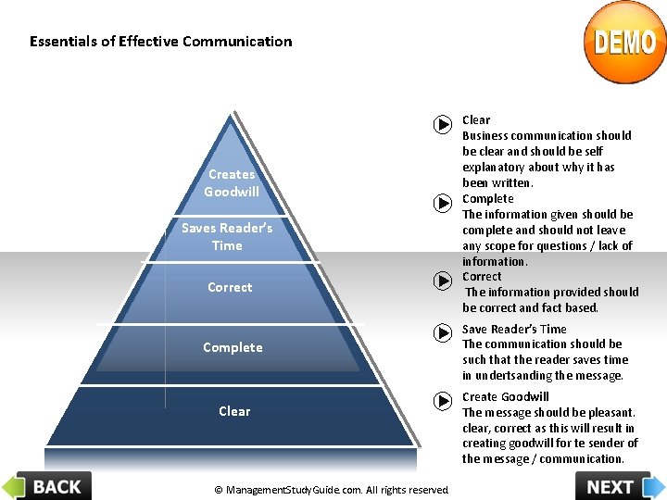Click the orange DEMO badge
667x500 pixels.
coord(624,43)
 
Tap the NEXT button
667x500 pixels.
coord(619,485)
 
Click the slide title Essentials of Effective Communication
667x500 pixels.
coord(160,42)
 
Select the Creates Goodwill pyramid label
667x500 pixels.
coord(232,182)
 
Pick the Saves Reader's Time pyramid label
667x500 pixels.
coord(227,236)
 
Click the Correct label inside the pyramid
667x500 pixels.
coord(230,287)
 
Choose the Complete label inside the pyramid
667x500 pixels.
coord(233,347)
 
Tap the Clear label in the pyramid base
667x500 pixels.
coord(234,411)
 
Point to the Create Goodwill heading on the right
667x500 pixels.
coord(505,397)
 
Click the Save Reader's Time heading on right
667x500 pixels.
coord(514,329)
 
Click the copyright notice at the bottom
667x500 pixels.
coord(331,490)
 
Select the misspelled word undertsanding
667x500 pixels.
coord(512,375)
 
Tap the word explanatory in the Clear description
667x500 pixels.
coord(499,167)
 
